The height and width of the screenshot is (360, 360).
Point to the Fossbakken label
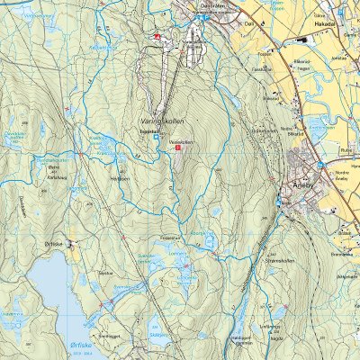click(262, 67)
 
